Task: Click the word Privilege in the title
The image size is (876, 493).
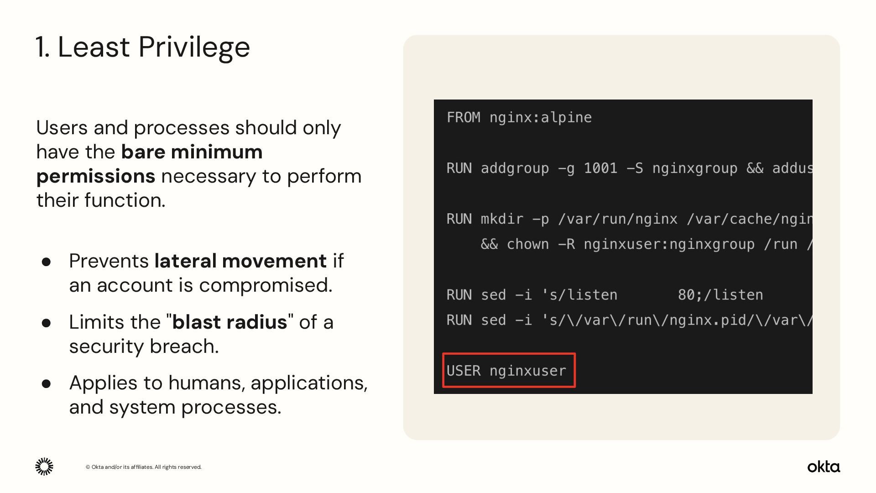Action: click(194, 47)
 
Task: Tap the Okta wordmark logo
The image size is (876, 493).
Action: click(823, 467)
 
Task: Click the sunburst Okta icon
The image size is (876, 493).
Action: click(44, 467)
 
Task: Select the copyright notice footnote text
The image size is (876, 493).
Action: click(143, 467)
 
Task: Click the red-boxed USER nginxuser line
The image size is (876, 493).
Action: click(508, 371)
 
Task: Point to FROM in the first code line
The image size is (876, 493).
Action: click(463, 118)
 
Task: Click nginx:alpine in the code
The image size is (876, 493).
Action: click(540, 118)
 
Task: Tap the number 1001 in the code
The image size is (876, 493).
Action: click(600, 168)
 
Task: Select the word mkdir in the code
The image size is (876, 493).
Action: click(502, 219)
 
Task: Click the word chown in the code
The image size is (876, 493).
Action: click(527, 244)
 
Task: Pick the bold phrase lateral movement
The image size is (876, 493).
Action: click(240, 261)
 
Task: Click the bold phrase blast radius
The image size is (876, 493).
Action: click(229, 322)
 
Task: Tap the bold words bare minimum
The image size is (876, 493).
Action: click(192, 152)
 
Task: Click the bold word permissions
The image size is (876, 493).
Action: click(96, 176)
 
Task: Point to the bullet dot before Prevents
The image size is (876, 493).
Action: click(46, 262)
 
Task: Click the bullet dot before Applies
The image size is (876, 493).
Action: click(46, 383)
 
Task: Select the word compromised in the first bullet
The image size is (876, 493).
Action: click(266, 285)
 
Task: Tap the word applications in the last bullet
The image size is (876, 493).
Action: click(309, 383)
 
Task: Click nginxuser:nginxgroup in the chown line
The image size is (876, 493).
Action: click(669, 244)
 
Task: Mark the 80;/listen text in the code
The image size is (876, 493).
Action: click(720, 295)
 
